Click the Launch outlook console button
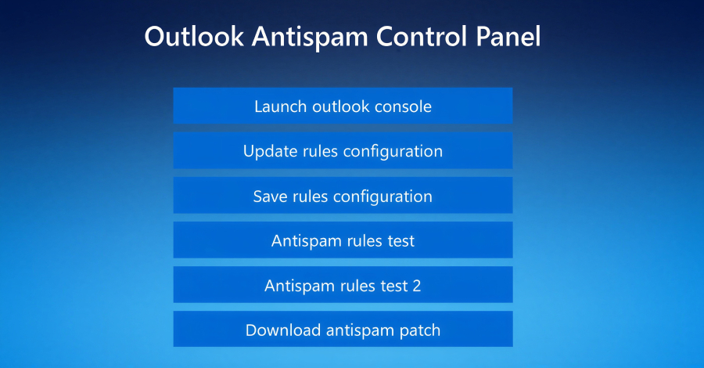tap(343, 106)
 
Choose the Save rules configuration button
tap(343, 196)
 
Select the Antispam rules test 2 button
tap(343, 286)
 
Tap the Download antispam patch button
tap(343, 330)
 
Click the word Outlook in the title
tap(194, 37)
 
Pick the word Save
tap(271, 196)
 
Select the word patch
tap(418, 330)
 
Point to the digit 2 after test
tap(416, 286)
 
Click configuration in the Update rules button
tap(393, 151)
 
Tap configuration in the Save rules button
tap(383, 196)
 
